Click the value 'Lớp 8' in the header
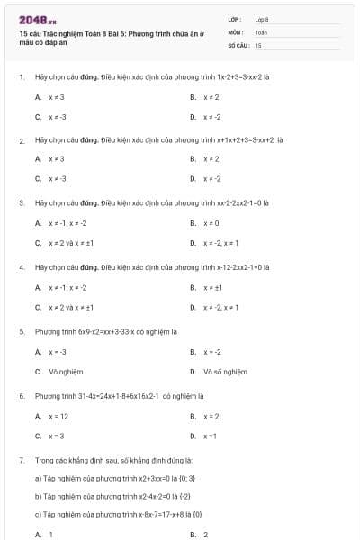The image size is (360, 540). [262, 19]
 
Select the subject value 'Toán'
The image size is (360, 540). [261, 31]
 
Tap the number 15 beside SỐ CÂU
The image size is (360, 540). [258, 44]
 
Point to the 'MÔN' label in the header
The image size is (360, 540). [236, 31]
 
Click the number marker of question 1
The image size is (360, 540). [22, 77]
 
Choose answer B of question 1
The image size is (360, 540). [211, 97]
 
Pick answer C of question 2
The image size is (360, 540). [57, 178]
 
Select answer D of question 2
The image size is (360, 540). [211, 178]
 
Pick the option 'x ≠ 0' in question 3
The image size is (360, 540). [211, 222]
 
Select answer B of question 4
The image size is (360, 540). [211, 287]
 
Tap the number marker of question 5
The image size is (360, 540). [22, 331]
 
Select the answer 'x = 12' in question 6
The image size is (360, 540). [58, 416]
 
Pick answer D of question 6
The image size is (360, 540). [211, 436]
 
